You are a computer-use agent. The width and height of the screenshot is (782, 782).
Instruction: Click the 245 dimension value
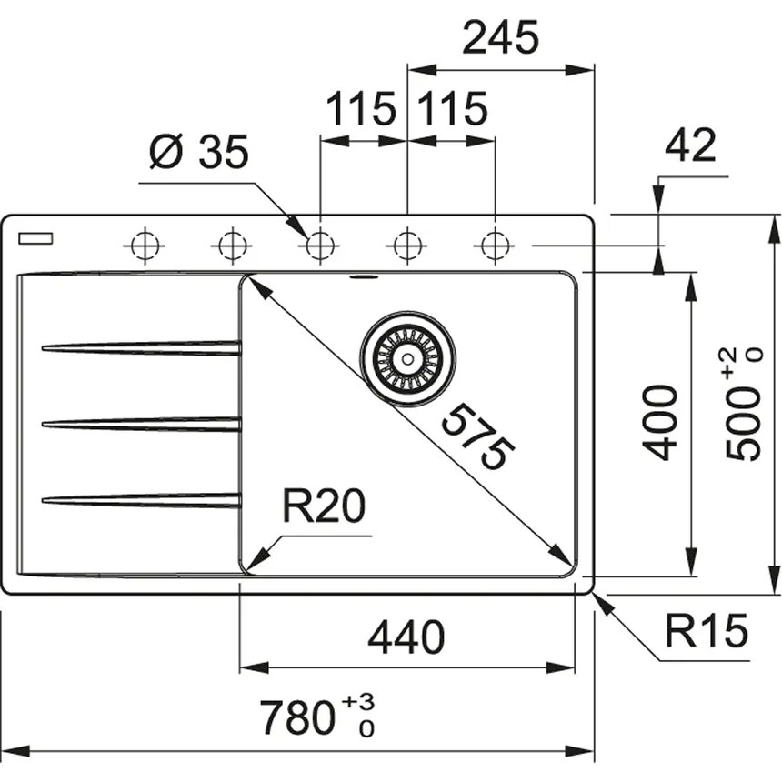[x=500, y=38]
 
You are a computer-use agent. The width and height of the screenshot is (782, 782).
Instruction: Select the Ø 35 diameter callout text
[x=197, y=154]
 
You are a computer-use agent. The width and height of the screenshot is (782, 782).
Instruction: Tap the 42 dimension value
[x=690, y=145]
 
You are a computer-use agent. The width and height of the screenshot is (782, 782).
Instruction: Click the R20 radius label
[x=323, y=506]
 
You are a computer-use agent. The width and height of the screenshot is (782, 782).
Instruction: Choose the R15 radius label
[x=705, y=629]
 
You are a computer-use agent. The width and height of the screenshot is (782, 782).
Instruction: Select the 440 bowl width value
[x=406, y=637]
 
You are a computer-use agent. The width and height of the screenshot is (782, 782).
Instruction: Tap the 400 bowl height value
[x=659, y=422]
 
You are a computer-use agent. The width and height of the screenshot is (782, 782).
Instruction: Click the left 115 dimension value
[x=361, y=109]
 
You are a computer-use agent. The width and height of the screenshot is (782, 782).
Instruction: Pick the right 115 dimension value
[x=452, y=109]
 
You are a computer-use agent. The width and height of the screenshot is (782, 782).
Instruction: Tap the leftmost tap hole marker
[x=144, y=245]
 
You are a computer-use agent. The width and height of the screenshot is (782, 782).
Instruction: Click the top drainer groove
[x=141, y=346]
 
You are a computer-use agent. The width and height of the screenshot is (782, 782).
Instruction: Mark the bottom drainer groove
[x=141, y=498]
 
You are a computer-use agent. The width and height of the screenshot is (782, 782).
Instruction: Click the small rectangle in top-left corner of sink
[x=35, y=239]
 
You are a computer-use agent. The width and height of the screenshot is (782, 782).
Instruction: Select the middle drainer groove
[x=141, y=423]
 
